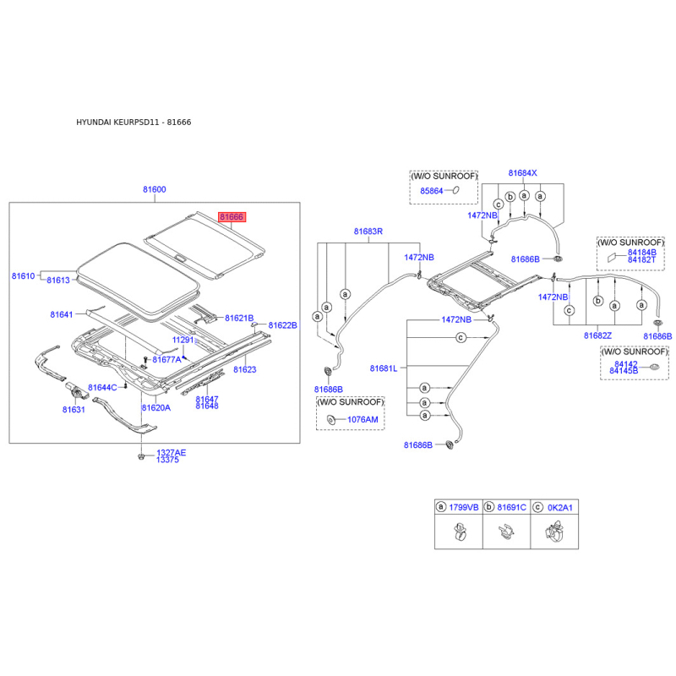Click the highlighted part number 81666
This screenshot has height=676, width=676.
pyautogui.click(x=232, y=216)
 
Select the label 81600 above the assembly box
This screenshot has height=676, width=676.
pyautogui.click(x=155, y=189)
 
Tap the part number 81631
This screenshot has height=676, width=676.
pyautogui.click(x=74, y=410)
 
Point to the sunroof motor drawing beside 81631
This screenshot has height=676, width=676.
pyautogui.click(x=76, y=391)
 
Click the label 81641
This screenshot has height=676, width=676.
pyautogui.click(x=62, y=314)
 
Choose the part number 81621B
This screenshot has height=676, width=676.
pyautogui.click(x=239, y=319)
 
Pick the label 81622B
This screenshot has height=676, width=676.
pyautogui.click(x=283, y=325)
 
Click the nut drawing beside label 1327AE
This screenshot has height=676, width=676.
pyautogui.click(x=140, y=455)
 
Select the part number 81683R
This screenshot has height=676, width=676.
pyautogui.click(x=368, y=231)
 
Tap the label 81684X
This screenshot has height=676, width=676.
pyautogui.click(x=522, y=173)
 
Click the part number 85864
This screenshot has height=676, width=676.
pyautogui.click(x=432, y=191)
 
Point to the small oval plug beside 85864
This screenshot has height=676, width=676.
pyautogui.click(x=455, y=189)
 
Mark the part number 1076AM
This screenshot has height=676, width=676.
pyautogui.click(x=363, y=419)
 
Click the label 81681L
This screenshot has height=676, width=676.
pyautogui.click(x=384, y=368)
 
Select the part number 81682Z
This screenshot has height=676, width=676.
pyautogui.click(x=597, y=335)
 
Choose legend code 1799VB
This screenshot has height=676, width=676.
pyautogui.click(x=464, y=508)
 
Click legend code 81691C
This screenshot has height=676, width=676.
pyautogui.click(x=512, y=508)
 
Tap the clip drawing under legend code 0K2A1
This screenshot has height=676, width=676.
pyautogui.click(x=555, y=532)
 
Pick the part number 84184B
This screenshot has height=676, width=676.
pyautogui.click(x=642, y=252)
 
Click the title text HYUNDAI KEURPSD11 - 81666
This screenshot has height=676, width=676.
pyautogui.click(x=134, y=122)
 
